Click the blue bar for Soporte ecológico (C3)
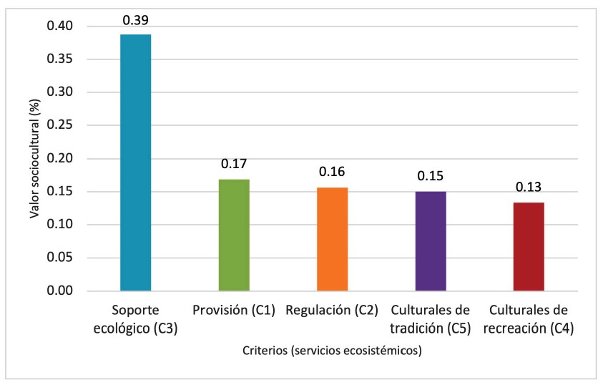[x=135, y=162]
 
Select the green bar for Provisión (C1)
[x=234, y=235]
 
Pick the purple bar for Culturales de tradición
[x=431, y=241]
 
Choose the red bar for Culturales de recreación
[x=529, y=246]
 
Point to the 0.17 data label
[x=234, y=164]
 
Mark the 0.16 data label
[x=333, y=172]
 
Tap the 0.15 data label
[x=431, y=177]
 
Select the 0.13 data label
[x=529, y=188]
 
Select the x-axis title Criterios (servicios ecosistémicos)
[x=332, y=351]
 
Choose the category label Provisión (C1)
[x=234, y=311]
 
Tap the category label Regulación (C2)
[x=333, y=311]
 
